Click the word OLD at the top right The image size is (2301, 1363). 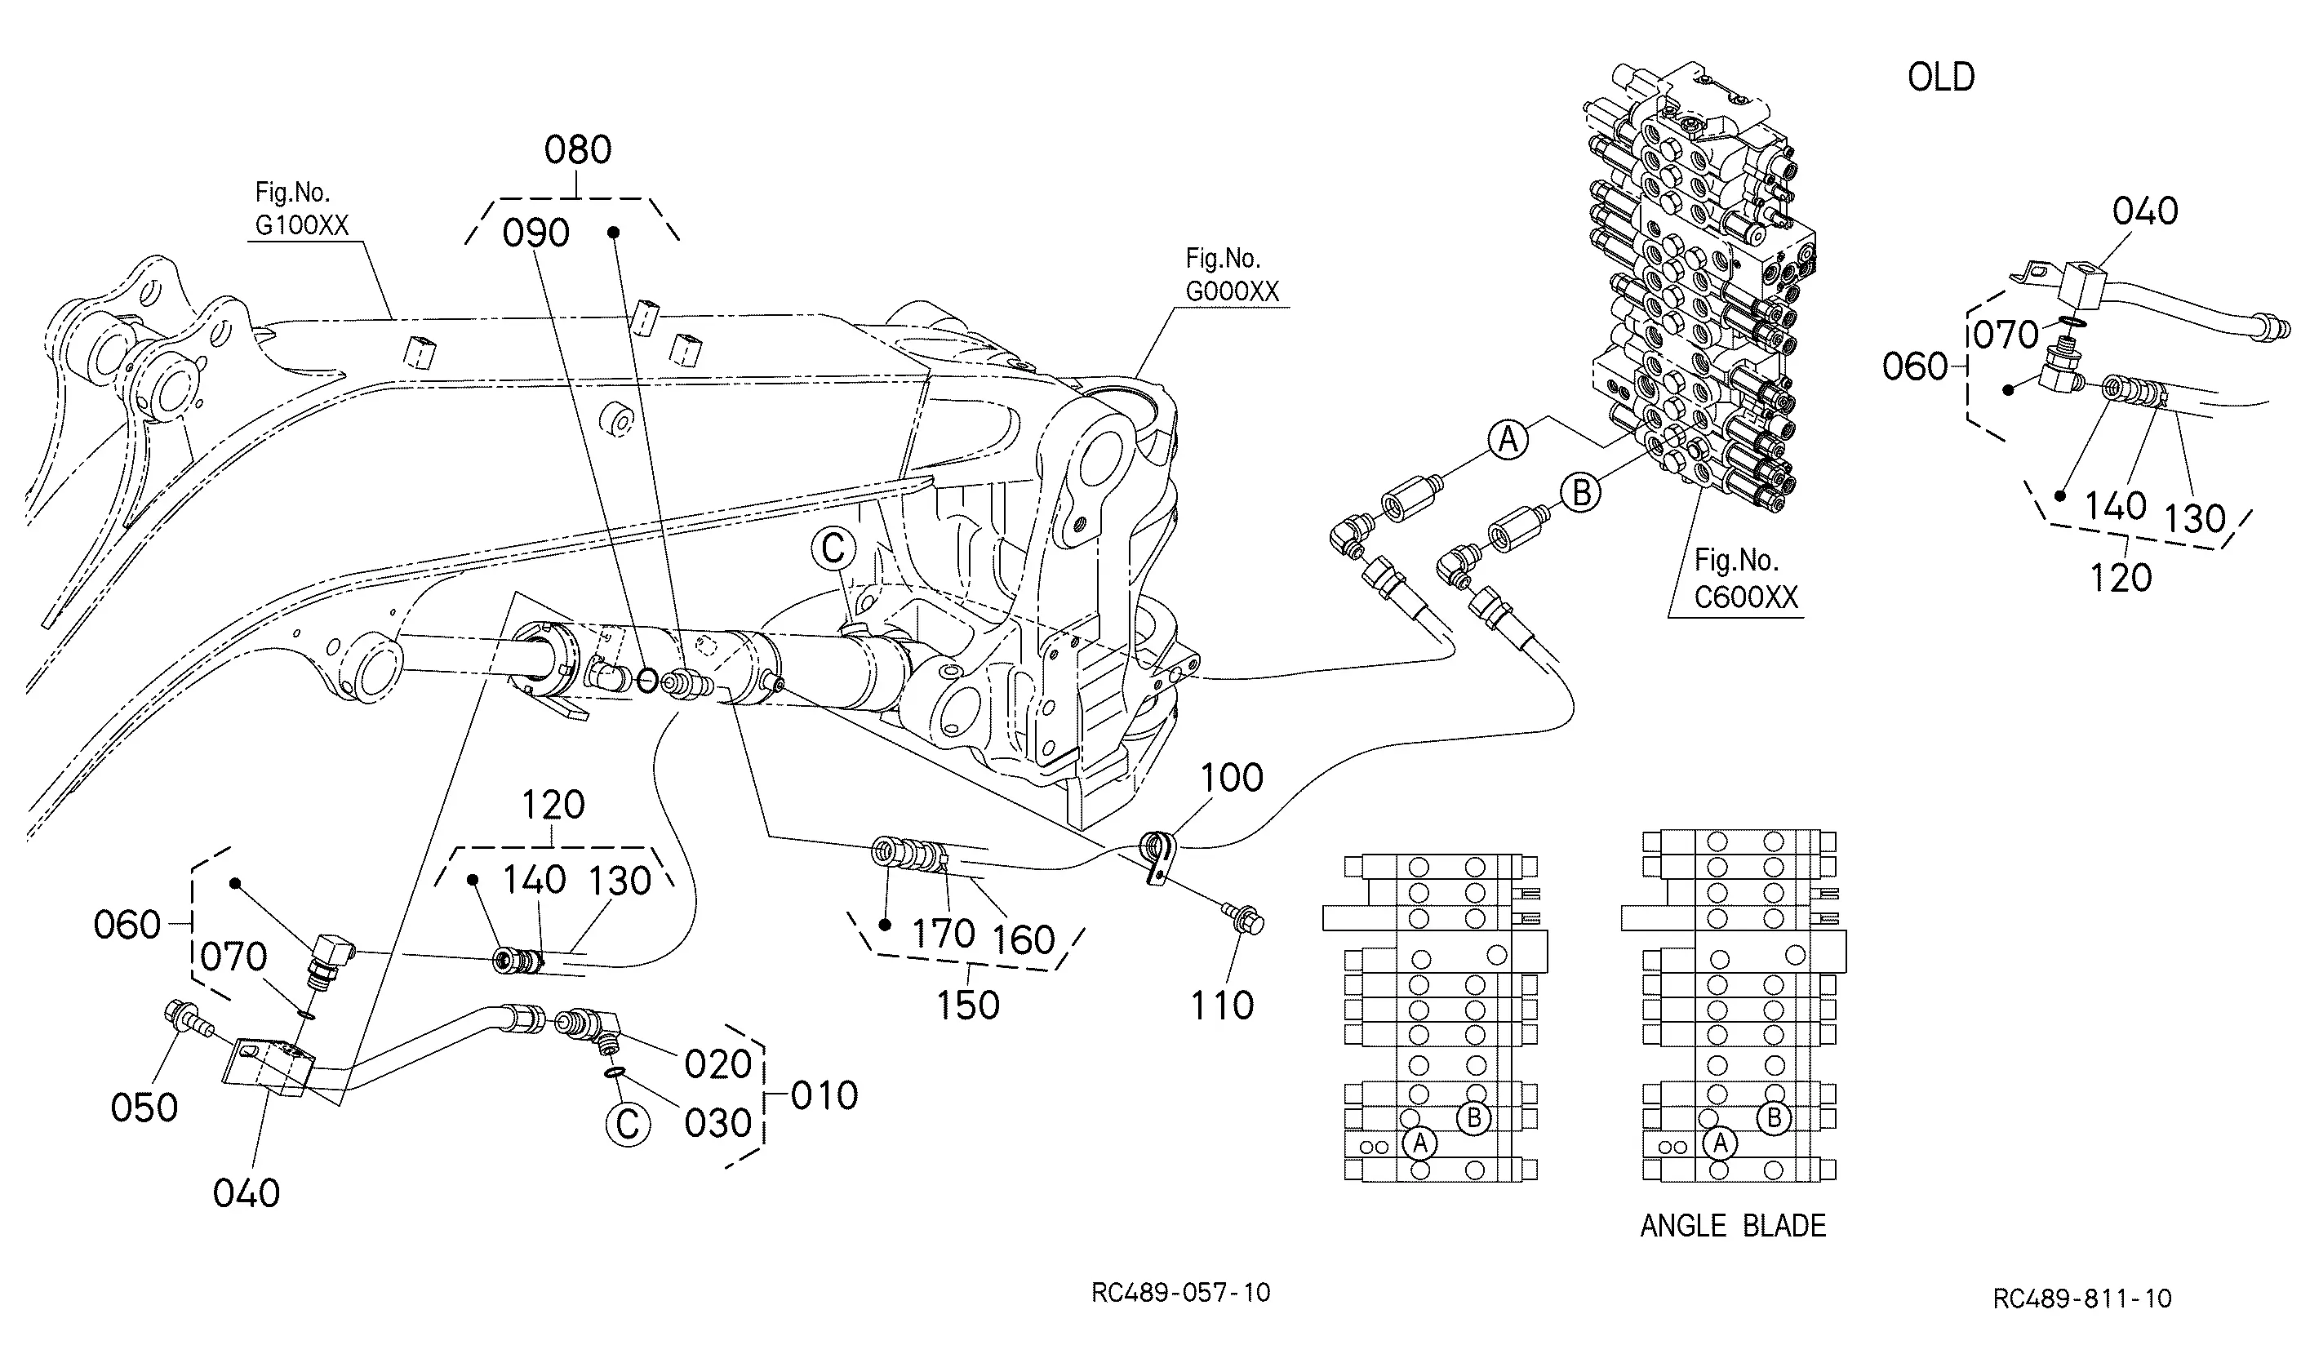(x=1941, y=78)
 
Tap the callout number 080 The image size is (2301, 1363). (x=578, y=149)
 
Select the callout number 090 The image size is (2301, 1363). (x=536, y=233)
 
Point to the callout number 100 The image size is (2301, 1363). (x=1232, y=778)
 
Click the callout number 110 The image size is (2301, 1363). (x=1222, y=1006)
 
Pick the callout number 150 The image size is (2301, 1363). (x=968, y=1005)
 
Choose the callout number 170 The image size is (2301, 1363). (x=944, y=934)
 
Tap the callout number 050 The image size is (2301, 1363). (x=144, y=1108)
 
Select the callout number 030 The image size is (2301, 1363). (x=718, y=1123)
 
